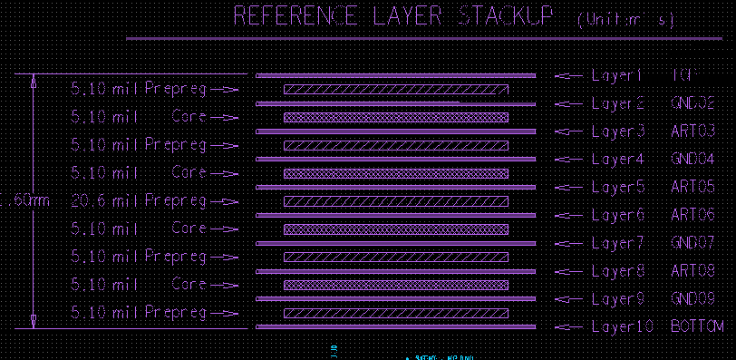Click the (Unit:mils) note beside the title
tap(625, 20)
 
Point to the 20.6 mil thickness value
tap(90, 200)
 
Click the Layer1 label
tap(616, 75)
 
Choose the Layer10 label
tap(621, 326)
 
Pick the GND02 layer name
tap(693, 103)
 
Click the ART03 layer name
tap(693, 131)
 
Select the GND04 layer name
tap(693, 160)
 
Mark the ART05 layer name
tap(693, 188)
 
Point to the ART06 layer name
tap(693, 215)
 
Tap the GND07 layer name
tap(693, 243)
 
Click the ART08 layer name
tap(693, 271)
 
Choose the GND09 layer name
tap(693, 299)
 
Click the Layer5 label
tap(617, 188)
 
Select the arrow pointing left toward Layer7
tap(568, 243)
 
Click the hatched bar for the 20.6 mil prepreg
tap(396, 200)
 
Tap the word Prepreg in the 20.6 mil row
tap(176, 200)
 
